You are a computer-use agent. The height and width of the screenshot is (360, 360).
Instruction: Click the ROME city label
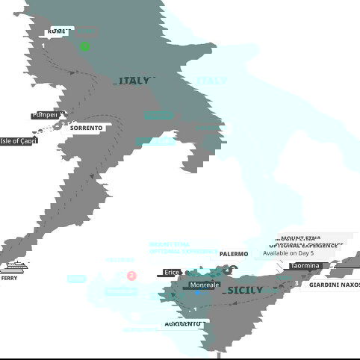(x=56, y=31)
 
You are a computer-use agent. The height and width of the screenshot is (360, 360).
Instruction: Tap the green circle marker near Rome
(x=85, y=46)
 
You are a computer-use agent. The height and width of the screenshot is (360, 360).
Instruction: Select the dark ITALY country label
(x=134, y=81)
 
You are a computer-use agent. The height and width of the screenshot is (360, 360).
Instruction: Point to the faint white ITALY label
(x=212, y=81)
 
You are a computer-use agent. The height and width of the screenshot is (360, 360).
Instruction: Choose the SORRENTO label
(x=87, y=128)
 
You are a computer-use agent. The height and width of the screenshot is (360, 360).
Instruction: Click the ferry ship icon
(x=14, y=267)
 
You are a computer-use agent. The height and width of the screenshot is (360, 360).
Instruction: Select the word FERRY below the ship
(x=10, y=278)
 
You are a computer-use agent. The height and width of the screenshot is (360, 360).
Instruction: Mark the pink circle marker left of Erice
(x=132, y=276)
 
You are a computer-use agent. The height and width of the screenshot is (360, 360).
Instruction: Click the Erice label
(x=172, y=273)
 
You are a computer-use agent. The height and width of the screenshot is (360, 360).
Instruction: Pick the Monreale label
(x=205, y=285)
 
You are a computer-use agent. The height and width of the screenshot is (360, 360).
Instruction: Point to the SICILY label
(x=245, y=290)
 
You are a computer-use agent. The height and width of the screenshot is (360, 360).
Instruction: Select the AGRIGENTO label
(x=184, y=324)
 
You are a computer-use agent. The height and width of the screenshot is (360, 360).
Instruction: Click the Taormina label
(x=305, y=266)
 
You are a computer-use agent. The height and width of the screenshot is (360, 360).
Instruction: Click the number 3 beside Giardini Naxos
(x=297, y=284)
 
